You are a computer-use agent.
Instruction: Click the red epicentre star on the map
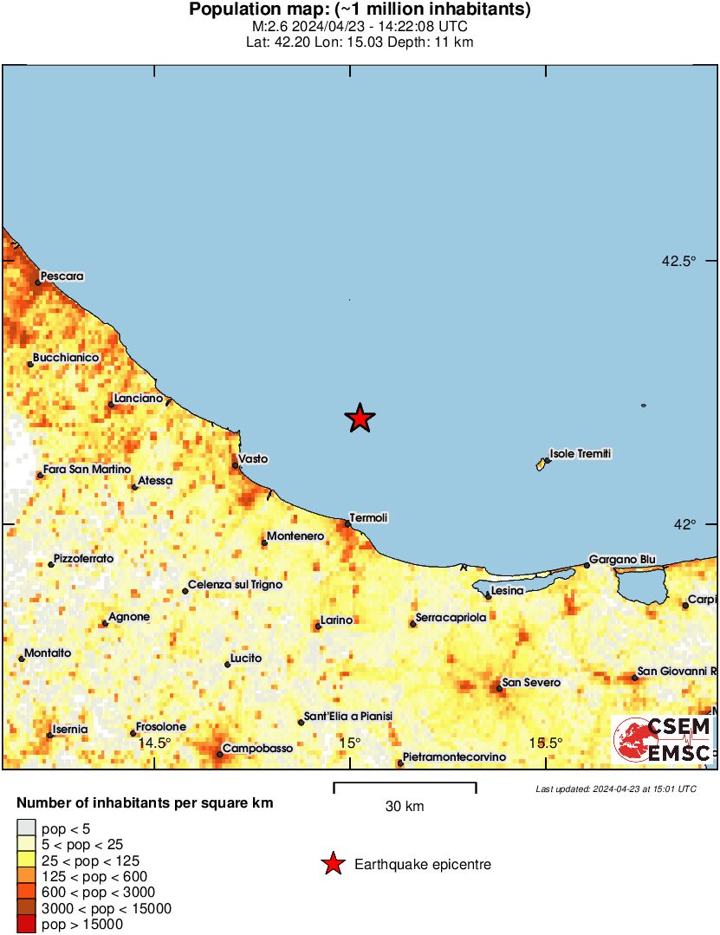360,419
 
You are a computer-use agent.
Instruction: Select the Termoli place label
368,517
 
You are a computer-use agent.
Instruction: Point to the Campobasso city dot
220,754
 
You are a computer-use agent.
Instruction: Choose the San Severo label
531,683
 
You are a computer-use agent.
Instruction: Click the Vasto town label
253,458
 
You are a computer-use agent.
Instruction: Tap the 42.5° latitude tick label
678,261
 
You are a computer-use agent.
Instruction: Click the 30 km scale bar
405,787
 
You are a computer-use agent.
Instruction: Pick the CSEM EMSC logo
663,740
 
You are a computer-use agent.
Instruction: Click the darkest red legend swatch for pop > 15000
27,925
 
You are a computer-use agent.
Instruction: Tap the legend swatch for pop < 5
27,828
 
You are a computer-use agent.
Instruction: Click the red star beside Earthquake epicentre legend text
332,864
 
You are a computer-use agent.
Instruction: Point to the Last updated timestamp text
615,789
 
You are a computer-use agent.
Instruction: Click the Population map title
360,10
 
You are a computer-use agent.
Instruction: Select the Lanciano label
138,398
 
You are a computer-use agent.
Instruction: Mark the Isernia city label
70,729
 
